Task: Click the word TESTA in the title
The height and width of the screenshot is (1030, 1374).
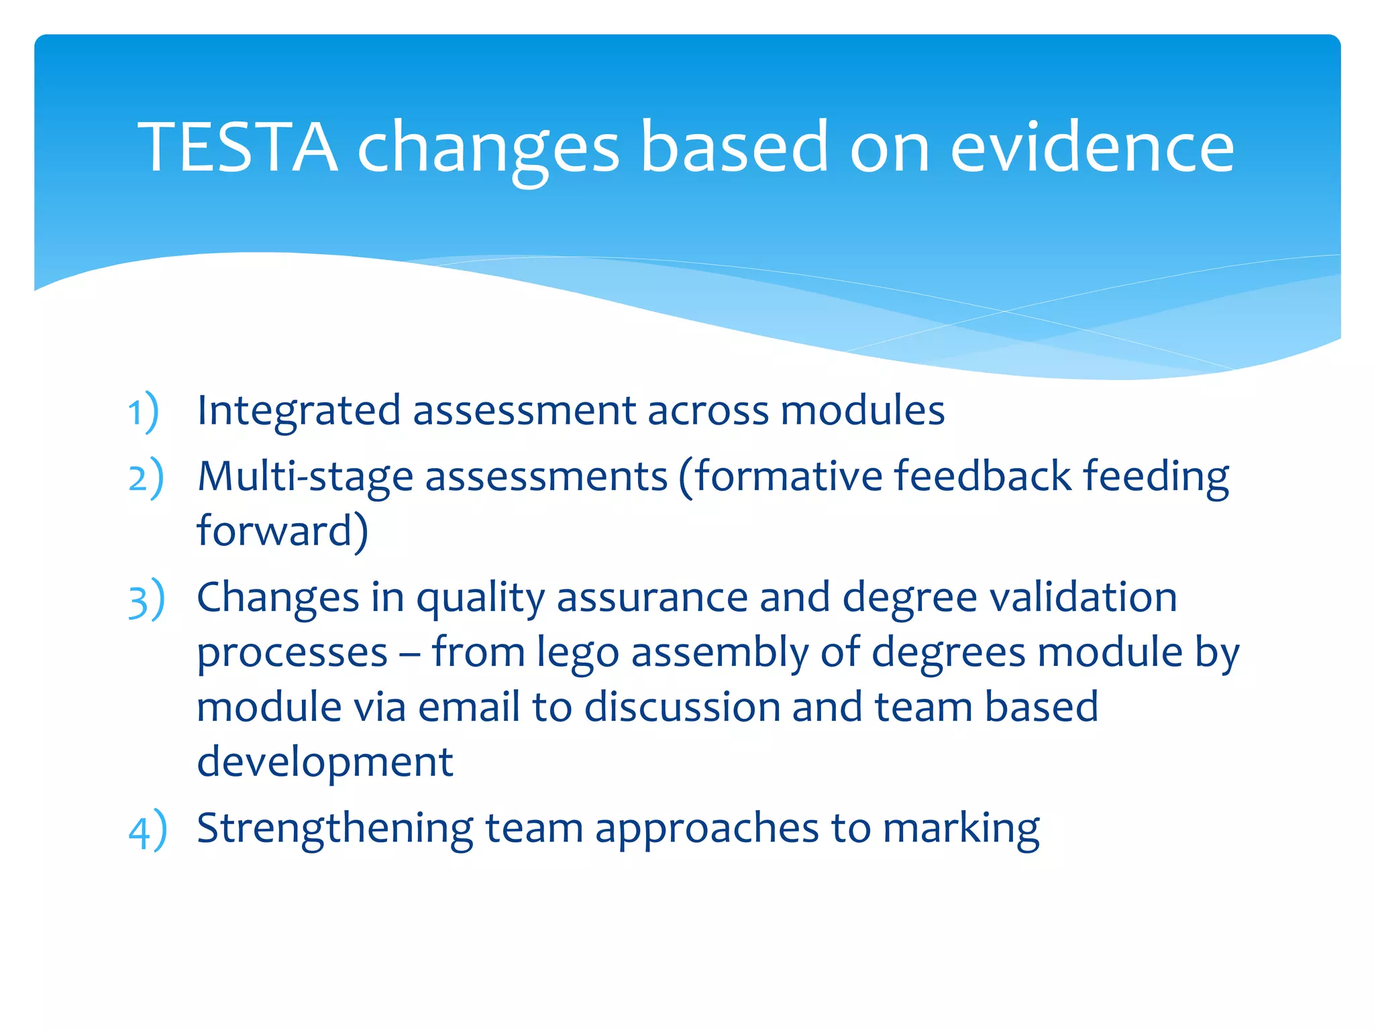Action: pyautogui.click(x=237, y=146)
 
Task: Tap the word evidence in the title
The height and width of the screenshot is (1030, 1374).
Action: pyautogui.click(x=1092, y=146)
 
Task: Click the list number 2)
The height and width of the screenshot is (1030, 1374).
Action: pyautogui.click(x=146, y=478)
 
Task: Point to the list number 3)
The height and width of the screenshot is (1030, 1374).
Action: pyautogui.click(x=146, y=599)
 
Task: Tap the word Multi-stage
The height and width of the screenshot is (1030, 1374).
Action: pyautogui.click(x=305, y=477)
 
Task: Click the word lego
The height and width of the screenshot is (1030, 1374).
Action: pyautogui.click(x=578, y=654)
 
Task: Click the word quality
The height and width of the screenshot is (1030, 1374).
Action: pyautogui.click(x=481, y=599)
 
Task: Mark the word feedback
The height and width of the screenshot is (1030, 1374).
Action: pyautogui.click(x=983, y=476)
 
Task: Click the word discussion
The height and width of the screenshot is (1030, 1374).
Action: pyautogui.click(x=682, y=707)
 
